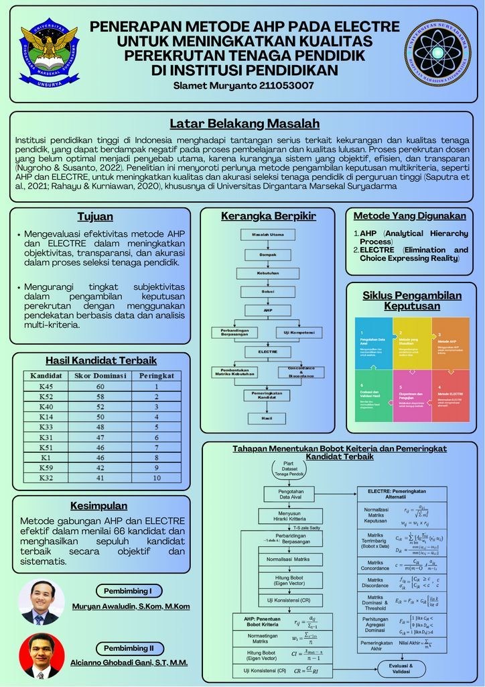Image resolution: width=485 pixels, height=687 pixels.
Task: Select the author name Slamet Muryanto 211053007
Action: coord(243,85)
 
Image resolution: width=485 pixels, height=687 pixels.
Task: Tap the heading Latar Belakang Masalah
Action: coord(244,123)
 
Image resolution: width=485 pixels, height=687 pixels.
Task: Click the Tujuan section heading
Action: coord(95,217)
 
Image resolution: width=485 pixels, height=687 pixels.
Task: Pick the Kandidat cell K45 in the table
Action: coord(46,386)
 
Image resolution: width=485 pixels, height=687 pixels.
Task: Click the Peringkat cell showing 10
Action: coord(157,478)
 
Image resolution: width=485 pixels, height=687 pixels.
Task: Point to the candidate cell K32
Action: coord(46,478)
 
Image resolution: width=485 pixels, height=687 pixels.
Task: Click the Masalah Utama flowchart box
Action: coord(267,235)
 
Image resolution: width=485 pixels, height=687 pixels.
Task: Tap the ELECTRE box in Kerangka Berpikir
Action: coord(267,352)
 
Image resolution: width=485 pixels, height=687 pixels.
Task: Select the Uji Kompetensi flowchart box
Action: coord(299,332)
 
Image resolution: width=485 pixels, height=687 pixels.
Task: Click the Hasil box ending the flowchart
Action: coord(267,417)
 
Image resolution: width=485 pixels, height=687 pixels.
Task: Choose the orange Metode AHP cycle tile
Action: coord(450,342)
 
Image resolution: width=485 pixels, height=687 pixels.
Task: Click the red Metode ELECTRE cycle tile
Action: coord(450,395)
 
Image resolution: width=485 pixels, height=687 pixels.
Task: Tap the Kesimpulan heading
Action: coord(98,505)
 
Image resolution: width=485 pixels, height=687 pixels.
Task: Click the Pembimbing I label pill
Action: coord(128,591)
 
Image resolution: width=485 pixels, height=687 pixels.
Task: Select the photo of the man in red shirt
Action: coord(42,655)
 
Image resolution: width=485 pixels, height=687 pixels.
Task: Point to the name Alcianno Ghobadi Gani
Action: coord(129,662)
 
